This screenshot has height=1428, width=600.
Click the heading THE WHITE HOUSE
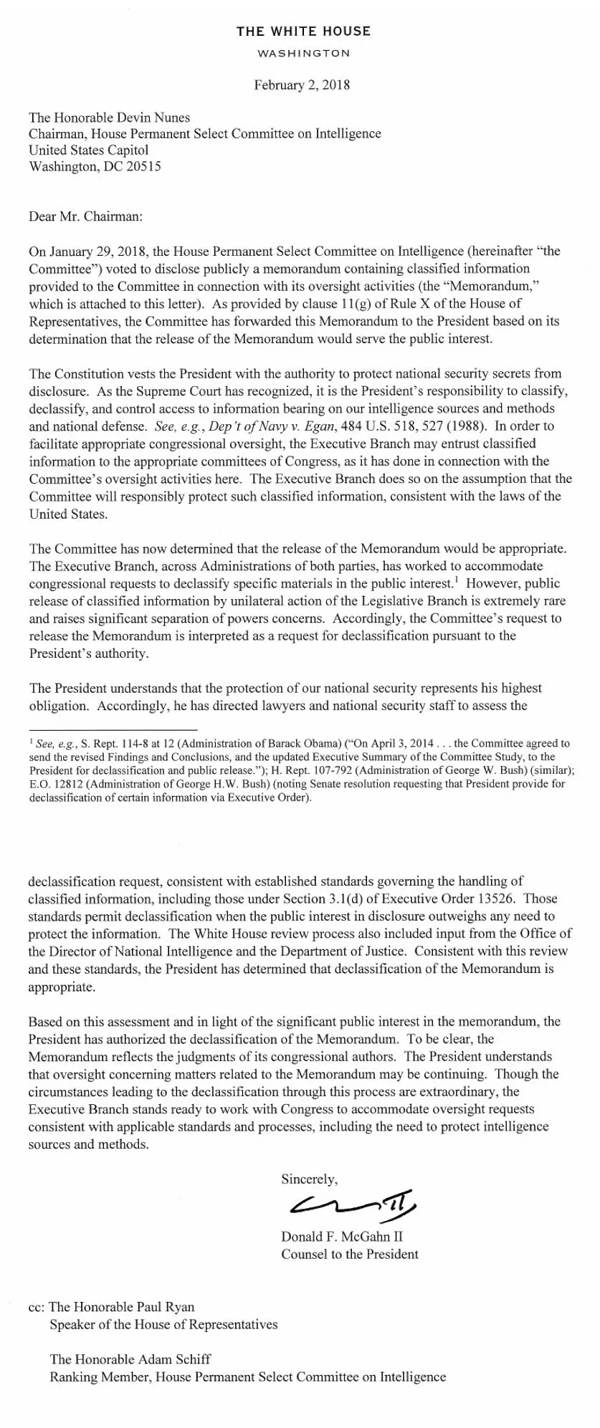click(303, 32)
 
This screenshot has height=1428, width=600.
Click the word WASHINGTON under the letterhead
click(303, 54)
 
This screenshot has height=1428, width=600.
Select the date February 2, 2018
click(302, 85)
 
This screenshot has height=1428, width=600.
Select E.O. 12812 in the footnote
click(54, 784)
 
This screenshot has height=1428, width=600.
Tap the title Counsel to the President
click(349, 1254)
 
